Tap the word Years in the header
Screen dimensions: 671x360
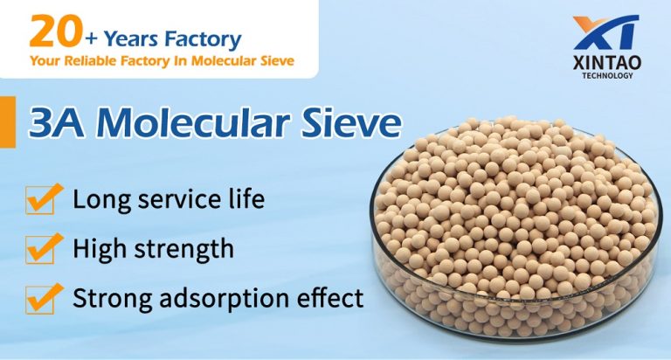click(x=131, y=39)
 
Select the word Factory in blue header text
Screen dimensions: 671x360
click(x=204, y=40)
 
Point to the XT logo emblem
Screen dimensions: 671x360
click(x=607, y=32)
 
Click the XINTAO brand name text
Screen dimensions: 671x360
click(x=607, y=63)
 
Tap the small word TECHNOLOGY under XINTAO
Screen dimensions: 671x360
click(x=607, y=76)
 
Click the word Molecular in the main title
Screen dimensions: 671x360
click(x=192, y=124)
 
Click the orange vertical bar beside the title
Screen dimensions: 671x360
click(x=8, y=122)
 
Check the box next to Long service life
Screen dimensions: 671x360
click(x=43, y=198)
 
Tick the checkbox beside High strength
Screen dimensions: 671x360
click(x=43, y=248)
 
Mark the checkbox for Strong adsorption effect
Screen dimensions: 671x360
click(x=43, y=298)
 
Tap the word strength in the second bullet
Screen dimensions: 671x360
click(x=184, y=249)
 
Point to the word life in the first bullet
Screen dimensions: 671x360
click(x=246, y=199)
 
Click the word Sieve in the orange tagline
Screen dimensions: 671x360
click(x=278, y=61)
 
